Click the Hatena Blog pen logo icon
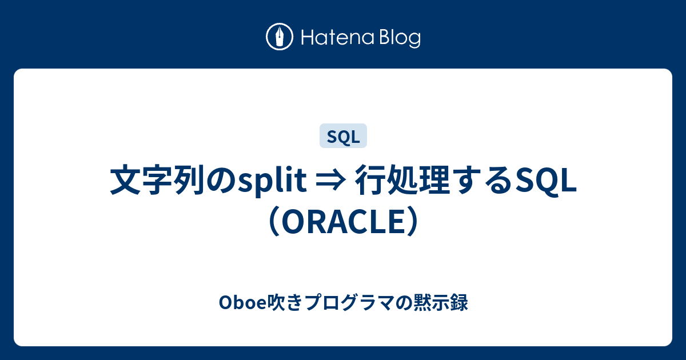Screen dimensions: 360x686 pyautogui.click(x=280, y=38)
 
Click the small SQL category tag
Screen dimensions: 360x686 pyautogui.click(x=343, y=137)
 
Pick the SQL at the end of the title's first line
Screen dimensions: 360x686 pyautogui.click(x=547, y=181)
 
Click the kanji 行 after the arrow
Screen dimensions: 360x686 pyautogui.click(x=370, y=181)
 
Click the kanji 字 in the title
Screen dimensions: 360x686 pyautogui.click(x=155, y=181)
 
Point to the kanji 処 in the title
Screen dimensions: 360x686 pyautogui.click(x=402, y=181)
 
